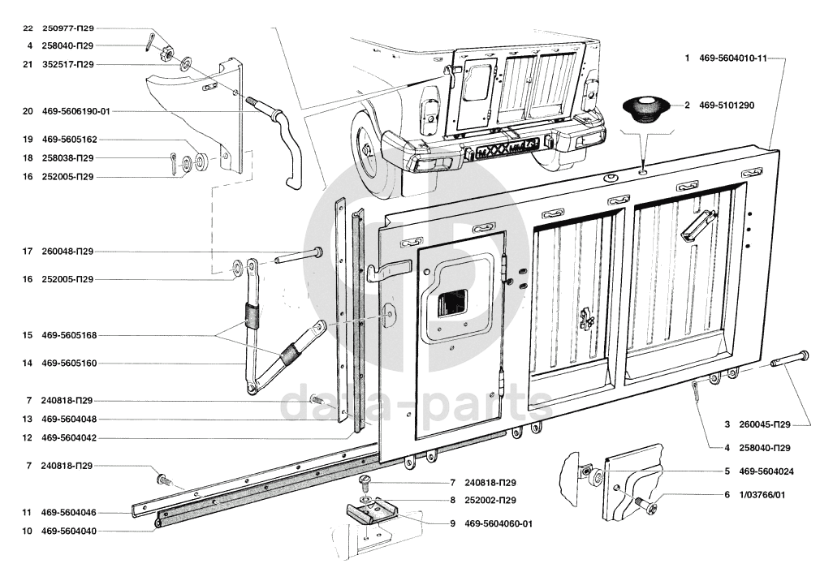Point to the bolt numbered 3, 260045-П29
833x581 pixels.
coord(789,358)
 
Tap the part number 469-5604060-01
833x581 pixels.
coord(499,523)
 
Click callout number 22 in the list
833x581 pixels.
coord(28,28)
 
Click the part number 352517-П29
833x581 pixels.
coord(67,65)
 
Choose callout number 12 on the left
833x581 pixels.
coord(28,438)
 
